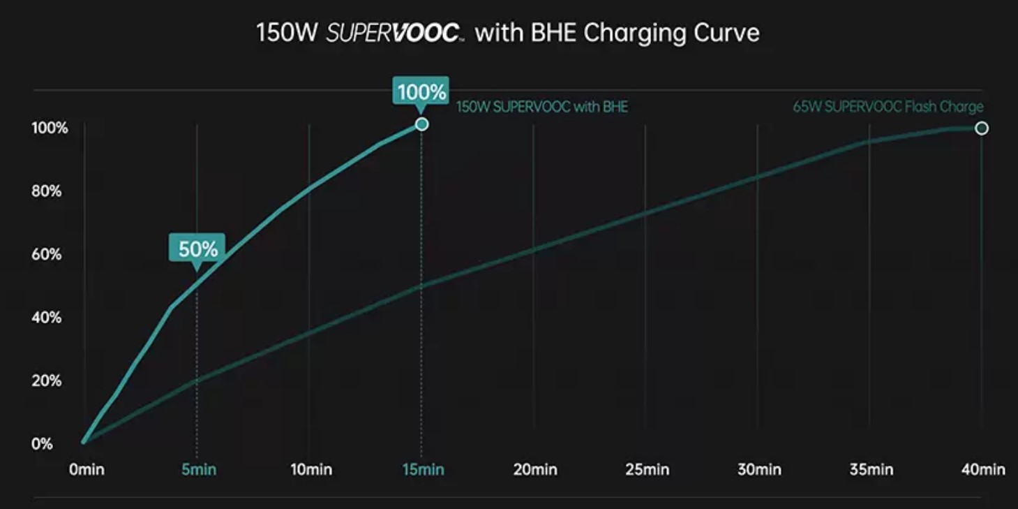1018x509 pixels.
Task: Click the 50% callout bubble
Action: pos(197,249)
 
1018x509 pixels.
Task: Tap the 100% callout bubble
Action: pos(421,92)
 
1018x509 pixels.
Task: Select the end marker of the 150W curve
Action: pos(421,124)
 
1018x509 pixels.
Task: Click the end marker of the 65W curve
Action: pos(982,128)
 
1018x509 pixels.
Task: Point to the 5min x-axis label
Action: pos(199,469)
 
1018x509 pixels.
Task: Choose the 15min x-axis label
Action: pos(423,469)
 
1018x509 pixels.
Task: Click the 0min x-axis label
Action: pos(87,469)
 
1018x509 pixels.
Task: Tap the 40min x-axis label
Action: pos(983,469)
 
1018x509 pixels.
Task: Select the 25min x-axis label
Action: pos(647,469)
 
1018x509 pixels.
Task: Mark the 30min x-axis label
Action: pos(759,469)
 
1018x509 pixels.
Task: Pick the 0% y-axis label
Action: pos(42,443)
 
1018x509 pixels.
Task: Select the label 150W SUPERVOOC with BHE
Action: pos(542,108)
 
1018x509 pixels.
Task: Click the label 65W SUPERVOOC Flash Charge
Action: pos(888,107)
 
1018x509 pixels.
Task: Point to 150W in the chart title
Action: pos(286,33)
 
